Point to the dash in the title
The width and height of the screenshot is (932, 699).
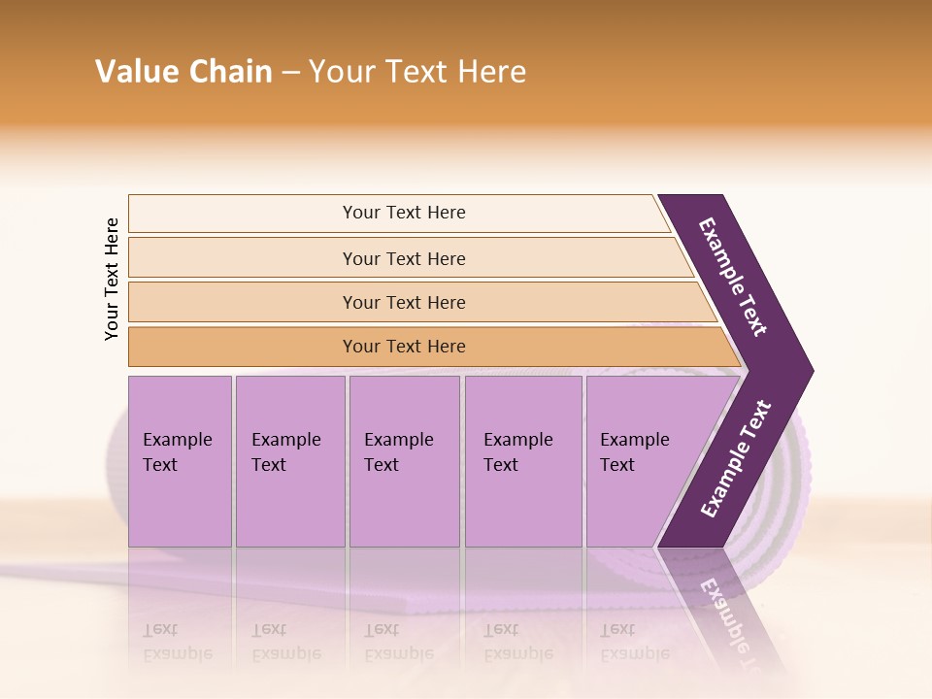[290, 73]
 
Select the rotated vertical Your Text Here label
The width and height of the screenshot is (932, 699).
[112, 279]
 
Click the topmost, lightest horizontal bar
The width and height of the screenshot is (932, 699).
[403, 213]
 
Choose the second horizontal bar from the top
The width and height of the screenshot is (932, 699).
[403, 258]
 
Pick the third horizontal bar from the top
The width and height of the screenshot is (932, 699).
[403, 302]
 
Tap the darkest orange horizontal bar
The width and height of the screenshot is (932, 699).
[403, 347]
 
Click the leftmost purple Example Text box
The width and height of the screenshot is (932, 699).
[180, 461]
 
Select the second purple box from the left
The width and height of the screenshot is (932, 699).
[289, 461]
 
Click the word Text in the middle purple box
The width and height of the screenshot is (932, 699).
[382, 465]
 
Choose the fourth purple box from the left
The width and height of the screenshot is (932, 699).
[522, 461]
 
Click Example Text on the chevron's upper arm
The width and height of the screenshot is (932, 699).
[734, 277]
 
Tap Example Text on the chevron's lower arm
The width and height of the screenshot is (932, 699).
[736, 458]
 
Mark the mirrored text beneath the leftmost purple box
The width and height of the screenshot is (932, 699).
[178, 641]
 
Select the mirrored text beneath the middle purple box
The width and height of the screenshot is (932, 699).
[398, 641]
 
